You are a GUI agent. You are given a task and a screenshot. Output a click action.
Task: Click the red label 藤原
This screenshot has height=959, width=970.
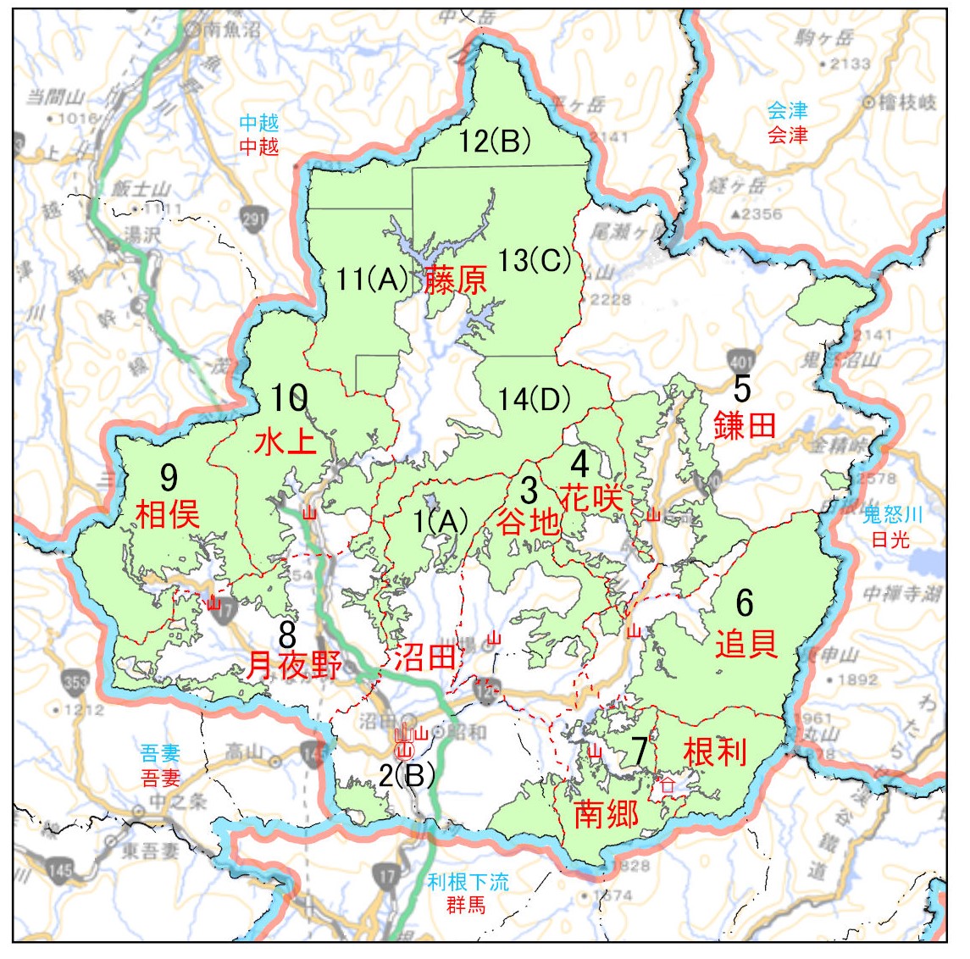(456, 280)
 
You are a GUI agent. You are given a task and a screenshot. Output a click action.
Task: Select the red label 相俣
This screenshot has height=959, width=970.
(168, 513)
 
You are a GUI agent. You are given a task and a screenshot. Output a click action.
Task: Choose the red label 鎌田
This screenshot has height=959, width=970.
(745, 424)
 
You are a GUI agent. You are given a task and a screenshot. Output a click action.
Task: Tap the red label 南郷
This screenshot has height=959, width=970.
(607, 813)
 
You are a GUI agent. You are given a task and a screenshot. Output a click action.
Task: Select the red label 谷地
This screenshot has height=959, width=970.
(529, 521)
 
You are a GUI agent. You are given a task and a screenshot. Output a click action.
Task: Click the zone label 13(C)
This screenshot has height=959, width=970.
(534, 261)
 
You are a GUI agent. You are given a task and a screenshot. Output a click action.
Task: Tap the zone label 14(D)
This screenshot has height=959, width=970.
(534, 399)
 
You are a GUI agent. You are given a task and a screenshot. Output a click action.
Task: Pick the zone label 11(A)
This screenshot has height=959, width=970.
(373, 279)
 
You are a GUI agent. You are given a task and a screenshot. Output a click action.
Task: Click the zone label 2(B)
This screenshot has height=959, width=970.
(407, 774)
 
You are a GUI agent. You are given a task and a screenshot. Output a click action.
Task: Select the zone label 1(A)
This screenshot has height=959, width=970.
(441, 522)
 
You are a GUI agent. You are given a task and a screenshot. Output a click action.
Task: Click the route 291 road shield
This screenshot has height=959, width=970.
(253, 218)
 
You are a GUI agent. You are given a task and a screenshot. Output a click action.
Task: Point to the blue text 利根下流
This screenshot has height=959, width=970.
(468, 882)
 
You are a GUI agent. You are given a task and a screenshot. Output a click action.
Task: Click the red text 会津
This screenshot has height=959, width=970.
(787, 135)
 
